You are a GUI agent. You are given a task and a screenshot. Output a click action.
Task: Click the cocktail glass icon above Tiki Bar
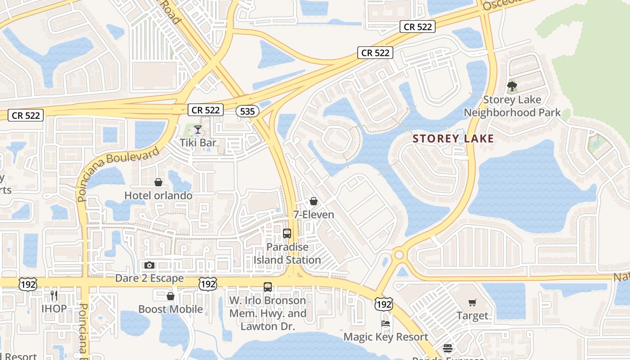(198, 130)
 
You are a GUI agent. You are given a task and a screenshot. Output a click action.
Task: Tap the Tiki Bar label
(198, 143)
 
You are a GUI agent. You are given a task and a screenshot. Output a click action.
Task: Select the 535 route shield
(247, 111)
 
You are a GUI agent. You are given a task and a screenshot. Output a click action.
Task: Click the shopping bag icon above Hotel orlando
(158, 182)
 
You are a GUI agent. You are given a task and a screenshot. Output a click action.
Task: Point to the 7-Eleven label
(314, 214)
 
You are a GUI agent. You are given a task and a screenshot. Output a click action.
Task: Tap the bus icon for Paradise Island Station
(287, 234)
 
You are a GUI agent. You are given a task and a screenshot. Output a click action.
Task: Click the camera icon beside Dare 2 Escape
(149, 265)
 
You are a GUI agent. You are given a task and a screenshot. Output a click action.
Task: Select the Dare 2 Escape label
(149, 278)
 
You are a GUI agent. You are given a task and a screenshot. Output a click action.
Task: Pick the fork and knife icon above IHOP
(54, 296)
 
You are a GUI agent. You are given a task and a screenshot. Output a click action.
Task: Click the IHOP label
(54, 309)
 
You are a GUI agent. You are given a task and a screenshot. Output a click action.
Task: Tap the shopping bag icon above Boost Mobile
(171, 296)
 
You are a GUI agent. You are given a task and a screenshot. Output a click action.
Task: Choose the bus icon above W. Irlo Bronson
(268, 287)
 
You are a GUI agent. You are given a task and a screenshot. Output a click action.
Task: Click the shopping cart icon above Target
(472, 303)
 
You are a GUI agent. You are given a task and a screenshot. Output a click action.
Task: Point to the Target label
(472, 315)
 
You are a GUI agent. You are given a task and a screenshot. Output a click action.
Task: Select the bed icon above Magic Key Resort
(386, 324)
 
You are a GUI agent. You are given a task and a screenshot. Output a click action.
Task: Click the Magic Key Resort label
(386, 337)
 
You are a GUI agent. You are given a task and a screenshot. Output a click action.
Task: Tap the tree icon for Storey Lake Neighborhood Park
(512, 86)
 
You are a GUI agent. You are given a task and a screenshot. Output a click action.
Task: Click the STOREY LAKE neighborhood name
(454, 139)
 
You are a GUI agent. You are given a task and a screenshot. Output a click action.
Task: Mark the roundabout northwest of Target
(399, 255)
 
